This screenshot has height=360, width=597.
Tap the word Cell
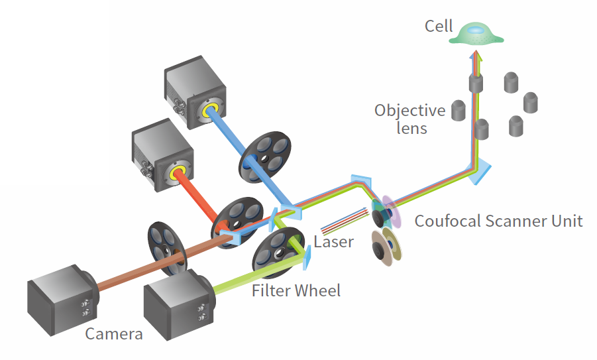pyautogui.click(x=439, y=27)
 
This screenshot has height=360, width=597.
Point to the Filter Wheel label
pyautogui.click(x=296, y=290)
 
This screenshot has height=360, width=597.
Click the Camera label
pyautogui.click(x=114, y=333)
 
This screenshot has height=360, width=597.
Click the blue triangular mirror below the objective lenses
pyautogui.click(x=480, y=170)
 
